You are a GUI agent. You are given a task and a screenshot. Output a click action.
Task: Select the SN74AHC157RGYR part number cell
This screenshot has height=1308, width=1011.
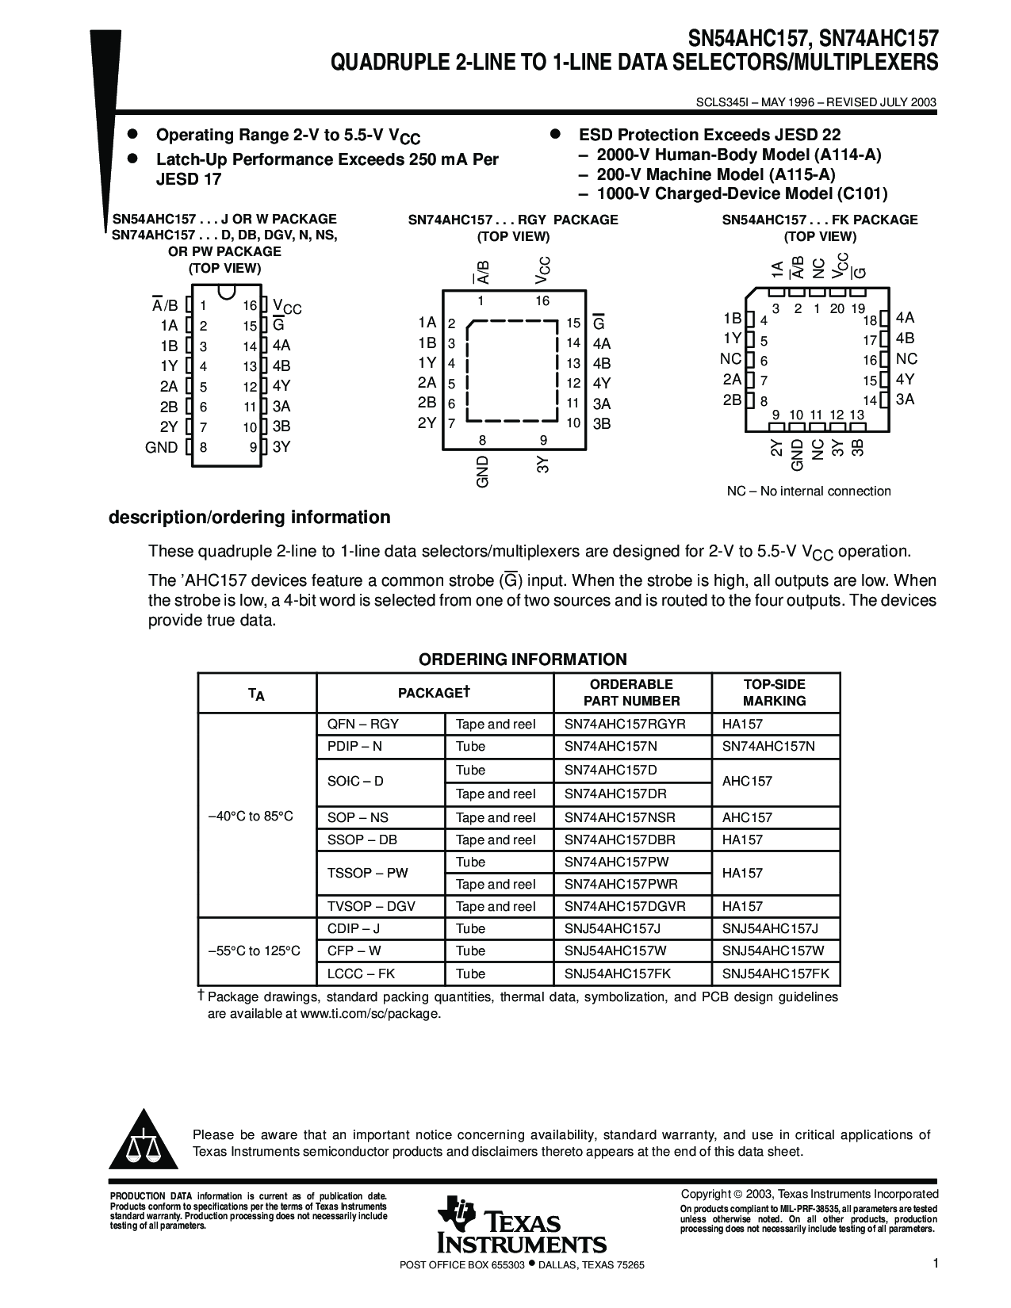625,724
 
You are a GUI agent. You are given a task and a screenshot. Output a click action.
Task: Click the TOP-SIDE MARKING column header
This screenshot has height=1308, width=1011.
774,693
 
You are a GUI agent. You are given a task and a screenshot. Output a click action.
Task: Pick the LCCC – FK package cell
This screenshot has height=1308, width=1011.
361,973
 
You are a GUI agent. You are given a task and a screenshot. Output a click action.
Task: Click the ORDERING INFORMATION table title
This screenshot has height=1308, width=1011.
523,660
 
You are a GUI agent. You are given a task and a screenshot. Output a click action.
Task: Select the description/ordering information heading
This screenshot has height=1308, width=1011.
249,518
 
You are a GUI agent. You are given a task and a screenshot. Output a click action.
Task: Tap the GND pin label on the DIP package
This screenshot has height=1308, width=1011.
162,447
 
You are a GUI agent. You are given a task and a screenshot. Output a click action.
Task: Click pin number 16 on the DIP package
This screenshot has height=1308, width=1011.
250,306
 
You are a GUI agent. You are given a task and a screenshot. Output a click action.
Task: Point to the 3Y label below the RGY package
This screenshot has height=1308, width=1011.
543,465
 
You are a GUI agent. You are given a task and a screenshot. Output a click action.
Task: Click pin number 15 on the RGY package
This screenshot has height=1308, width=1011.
573,323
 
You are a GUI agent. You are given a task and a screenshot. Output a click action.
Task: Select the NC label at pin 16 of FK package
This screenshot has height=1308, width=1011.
906,359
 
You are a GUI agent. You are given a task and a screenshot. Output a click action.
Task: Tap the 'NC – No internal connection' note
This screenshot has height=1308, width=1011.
809,491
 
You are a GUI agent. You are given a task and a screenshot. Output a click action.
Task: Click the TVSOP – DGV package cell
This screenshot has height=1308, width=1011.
371,906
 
